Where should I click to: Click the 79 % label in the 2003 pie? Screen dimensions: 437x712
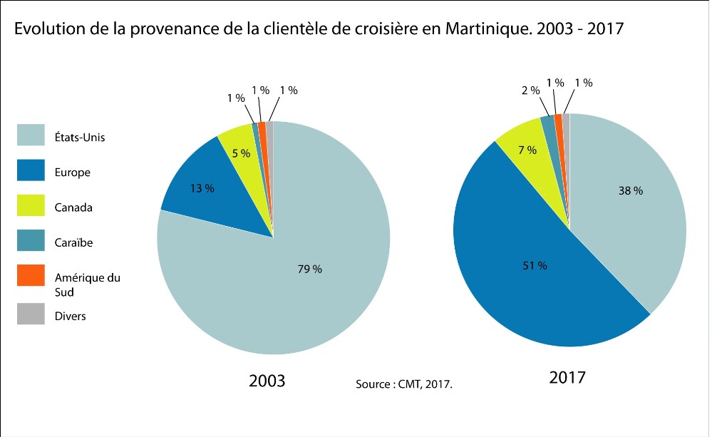coord(310,269)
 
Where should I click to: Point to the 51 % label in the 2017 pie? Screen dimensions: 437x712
coord(535,265)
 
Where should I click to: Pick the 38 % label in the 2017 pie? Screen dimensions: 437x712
coord(631,191)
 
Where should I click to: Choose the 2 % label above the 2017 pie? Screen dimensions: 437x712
coord(529,91)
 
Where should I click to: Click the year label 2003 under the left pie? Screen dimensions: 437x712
coord(267,381)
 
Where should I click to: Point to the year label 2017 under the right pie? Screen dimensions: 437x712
coord(567,377)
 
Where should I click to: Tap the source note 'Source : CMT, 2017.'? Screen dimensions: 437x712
coord(404,384)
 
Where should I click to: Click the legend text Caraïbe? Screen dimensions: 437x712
coord(73,242)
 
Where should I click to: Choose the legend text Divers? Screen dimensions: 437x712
coord(70,315)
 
